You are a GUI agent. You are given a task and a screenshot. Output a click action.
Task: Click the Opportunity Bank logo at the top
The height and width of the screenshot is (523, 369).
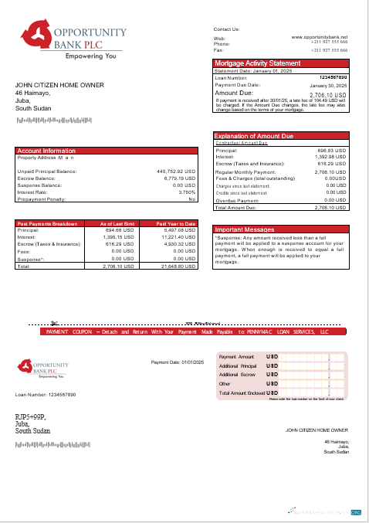coord(70,41)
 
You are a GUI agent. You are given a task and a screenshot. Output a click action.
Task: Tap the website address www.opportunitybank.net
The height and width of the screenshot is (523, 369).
coord(320,36)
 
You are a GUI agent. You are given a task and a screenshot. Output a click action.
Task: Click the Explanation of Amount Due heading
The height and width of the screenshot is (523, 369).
coord(254,136)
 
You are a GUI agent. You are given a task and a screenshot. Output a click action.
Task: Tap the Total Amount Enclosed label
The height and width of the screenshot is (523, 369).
coord(240,392)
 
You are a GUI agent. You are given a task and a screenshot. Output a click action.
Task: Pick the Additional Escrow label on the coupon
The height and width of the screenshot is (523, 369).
coord(237,374)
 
